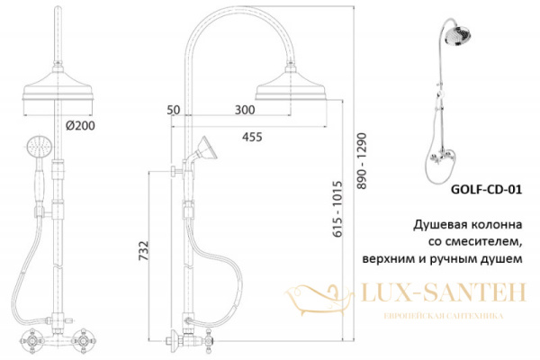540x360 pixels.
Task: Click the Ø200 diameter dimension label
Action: click(x=80, y=126)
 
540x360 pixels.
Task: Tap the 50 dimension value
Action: click(x=173, y=110)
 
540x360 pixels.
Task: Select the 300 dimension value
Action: click(x=245, y=110)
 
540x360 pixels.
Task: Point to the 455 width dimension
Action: click(x=252, y=137)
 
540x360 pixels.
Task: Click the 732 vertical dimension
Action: click(x=144, y=250)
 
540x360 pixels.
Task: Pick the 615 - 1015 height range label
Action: click(x=337, y=209)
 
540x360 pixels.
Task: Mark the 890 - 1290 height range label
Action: click(x=362, y=161)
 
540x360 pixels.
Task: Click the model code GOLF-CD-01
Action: click(x=486, y=190)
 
